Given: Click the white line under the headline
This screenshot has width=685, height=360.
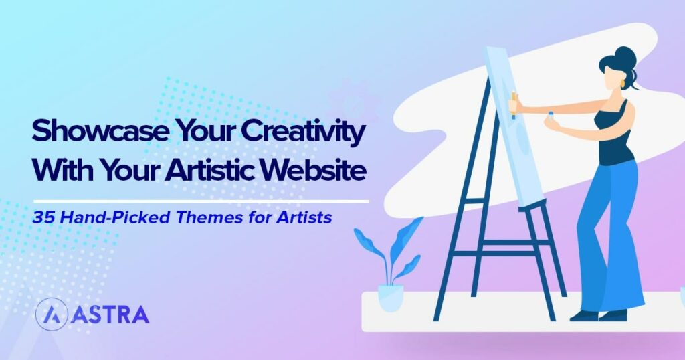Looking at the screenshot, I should point(201,200).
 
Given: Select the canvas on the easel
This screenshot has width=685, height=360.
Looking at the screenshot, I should point(512,127).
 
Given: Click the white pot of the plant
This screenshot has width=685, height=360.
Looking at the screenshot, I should point(391,298).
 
